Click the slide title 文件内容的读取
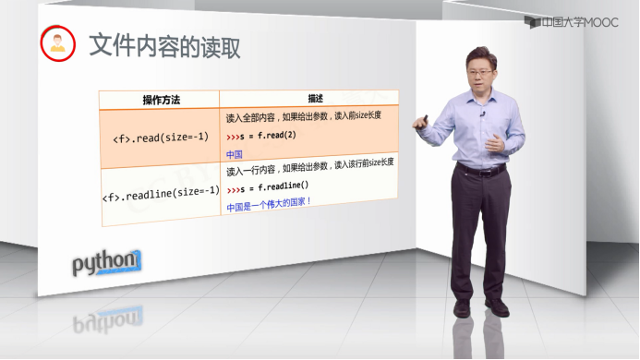(x=164, y=47)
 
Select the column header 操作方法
(x=159, y=100)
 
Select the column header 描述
(x=308, y=98)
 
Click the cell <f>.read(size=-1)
(x=161, y=138)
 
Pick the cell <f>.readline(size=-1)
(x=160, y=191)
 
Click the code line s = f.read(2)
(x=262, y=136)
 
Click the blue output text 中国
(x=235, y=155)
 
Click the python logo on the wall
(x=107, y=264)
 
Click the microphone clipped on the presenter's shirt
(x=483, y=114)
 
